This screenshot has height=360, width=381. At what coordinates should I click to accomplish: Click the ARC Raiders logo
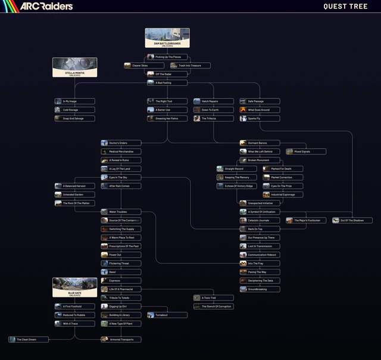(x=46, y=6)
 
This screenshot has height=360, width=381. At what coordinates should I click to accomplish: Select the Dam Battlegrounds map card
(x=167, y=38)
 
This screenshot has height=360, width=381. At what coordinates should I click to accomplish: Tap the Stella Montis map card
(x=74, y=67)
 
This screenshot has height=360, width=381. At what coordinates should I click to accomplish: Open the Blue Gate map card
(x=74, y=287)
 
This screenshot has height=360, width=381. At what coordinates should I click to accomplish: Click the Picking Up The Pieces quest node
(x=167, y=57)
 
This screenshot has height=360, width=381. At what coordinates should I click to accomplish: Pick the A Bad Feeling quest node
(x=167, y=83)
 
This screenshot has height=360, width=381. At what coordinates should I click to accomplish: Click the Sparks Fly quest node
(x=260, y=119)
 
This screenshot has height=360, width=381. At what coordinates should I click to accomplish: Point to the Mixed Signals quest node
(x=306, y=151)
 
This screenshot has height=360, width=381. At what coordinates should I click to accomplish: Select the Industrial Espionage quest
(x=283, y=194)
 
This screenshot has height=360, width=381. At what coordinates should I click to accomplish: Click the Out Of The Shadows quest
(x=352, y=221)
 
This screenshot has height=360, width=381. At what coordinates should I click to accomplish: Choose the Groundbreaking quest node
(x=260, y=289)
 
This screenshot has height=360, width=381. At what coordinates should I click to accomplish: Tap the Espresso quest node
(x=121, y=281)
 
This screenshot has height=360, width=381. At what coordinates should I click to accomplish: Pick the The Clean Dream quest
(x=29, y=340)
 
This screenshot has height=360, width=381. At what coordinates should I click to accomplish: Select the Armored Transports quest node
(x=121, y=340)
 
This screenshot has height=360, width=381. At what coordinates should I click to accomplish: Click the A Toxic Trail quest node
(x=213, y=297)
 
